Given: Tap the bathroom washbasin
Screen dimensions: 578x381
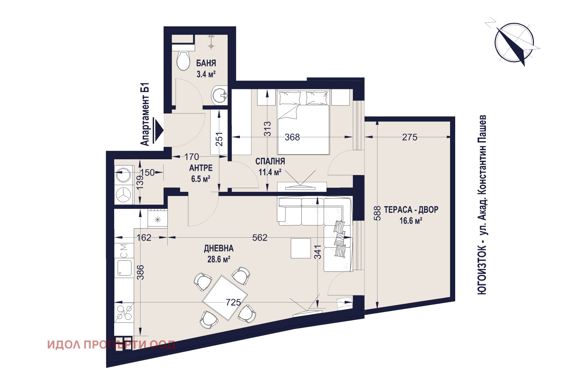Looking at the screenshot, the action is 220,95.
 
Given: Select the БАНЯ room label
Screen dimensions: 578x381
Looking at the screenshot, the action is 206,63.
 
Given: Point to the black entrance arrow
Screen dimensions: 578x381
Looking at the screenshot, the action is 158,130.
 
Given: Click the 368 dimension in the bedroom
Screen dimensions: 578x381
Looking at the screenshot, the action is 292,137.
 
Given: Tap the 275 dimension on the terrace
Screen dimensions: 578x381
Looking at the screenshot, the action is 410,137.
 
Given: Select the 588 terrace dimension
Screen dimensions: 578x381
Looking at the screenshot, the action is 377,213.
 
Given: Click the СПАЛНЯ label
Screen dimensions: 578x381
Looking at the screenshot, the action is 270,161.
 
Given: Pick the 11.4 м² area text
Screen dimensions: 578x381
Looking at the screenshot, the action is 270,172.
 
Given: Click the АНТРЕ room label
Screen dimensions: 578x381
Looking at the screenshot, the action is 201,168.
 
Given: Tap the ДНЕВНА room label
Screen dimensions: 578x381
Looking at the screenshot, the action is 219,248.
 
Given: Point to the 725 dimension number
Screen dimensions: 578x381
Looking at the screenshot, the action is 233,302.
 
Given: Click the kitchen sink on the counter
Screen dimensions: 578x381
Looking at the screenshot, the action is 124,268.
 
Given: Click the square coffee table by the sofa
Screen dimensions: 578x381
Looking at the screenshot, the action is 301,248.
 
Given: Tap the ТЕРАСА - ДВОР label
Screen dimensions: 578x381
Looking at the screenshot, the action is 411,210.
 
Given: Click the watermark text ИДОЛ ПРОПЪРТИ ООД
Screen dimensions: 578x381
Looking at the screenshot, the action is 111,345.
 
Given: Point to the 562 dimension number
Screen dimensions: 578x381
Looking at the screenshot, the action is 260,238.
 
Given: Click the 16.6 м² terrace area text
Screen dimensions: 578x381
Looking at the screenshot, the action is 411,221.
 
